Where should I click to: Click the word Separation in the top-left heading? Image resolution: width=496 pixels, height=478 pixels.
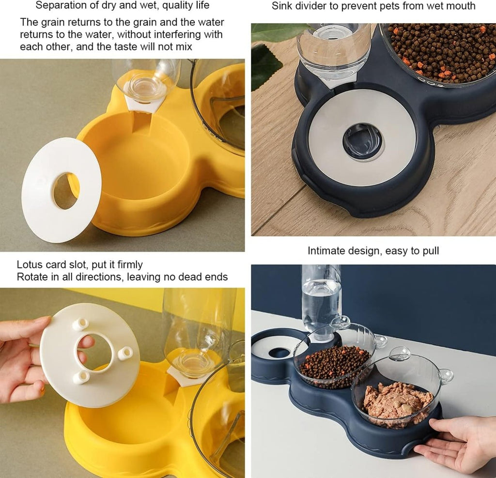pos(58,6)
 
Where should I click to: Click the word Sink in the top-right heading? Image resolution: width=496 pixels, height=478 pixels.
pos(281,6)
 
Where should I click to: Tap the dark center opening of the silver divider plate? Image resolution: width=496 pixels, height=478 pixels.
pos(363,140)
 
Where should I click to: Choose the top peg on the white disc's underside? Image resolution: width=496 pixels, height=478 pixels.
pos(80,324)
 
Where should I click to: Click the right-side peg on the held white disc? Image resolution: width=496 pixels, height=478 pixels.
pos(125,353)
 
